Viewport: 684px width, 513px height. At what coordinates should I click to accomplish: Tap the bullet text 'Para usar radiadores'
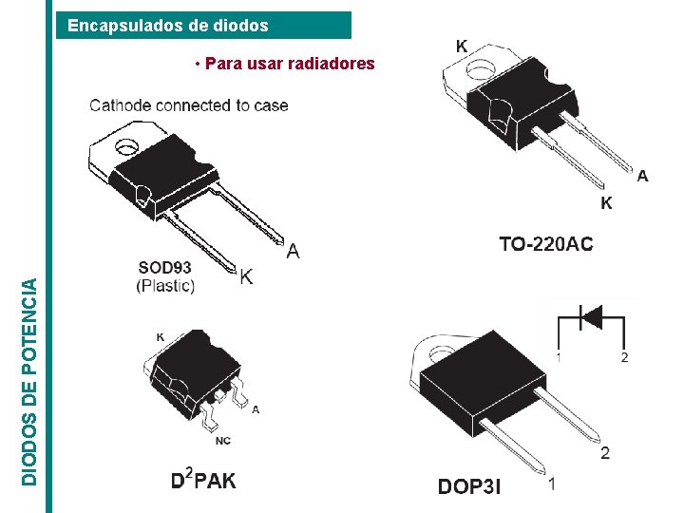point(284,64)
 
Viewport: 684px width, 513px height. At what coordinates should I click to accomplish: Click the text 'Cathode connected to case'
point(188,105)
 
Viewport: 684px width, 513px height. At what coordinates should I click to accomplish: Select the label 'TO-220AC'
point(546,245)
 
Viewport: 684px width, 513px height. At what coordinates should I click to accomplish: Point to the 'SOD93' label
point(165,269)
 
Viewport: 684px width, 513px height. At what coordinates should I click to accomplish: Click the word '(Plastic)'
point(165,285)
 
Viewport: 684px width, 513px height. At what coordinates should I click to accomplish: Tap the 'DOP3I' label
point(469,488)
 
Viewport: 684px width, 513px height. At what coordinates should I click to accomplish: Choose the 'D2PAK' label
point(203,480)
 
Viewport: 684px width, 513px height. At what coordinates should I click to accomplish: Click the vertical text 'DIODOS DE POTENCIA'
point(30,381)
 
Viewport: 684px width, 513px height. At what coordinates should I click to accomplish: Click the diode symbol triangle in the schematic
point(591,316)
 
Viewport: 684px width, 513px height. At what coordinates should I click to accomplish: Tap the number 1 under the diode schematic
point(559,357)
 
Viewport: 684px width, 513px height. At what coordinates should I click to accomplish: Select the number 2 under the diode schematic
point(624,357)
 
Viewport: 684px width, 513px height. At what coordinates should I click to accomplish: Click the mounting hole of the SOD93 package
point(125,147)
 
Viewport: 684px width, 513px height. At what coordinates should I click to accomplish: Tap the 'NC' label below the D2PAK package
point(222,441)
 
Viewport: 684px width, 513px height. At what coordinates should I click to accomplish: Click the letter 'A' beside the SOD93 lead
point(293,251)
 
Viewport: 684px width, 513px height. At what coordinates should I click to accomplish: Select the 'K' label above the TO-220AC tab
point(462,46)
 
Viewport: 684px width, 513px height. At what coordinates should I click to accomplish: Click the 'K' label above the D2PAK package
point(160,336)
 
